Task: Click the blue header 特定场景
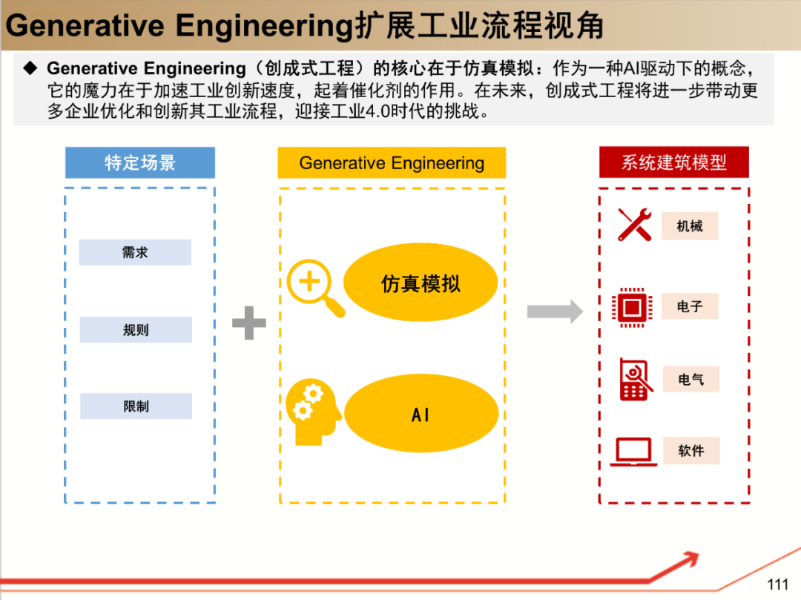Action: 140,162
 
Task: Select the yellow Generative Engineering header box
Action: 392,163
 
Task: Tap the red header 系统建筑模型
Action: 673,162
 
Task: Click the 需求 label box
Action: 135,253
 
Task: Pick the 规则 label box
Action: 136,330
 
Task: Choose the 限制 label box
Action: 136,406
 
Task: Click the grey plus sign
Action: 249,324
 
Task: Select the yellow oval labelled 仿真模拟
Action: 421,283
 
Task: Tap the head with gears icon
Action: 312,412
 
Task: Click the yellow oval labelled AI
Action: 421,415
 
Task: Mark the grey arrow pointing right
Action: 555,311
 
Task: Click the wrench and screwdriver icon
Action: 634,225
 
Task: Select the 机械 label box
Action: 690,226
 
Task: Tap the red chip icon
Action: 632,306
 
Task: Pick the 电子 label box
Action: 690,306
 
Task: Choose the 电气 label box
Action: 690,380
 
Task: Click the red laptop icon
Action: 633,452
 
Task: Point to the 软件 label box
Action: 690,451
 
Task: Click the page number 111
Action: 777,584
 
